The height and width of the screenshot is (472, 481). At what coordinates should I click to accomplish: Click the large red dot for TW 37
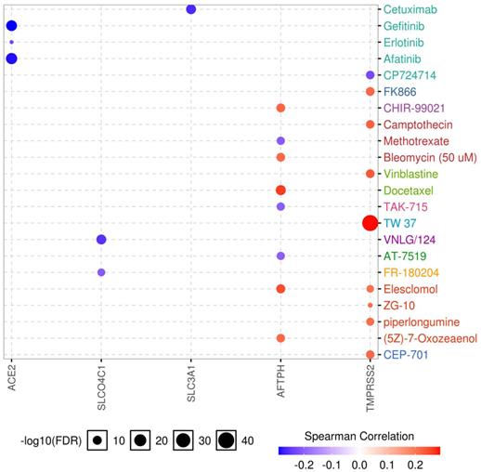[370, 223]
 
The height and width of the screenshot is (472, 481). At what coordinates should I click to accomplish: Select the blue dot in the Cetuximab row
[191, 9]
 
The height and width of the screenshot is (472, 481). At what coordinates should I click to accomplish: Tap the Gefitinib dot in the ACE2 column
[11, 26]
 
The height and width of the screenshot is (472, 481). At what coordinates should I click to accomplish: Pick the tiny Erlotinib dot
[11, 43]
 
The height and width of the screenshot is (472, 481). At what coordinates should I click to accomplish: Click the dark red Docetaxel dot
[280, 190]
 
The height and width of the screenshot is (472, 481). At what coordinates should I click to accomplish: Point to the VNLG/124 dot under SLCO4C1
[101, 240]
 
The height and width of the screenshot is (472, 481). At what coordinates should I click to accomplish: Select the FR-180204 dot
[101, 272]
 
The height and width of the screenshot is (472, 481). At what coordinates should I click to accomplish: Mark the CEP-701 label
[408, 355]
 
